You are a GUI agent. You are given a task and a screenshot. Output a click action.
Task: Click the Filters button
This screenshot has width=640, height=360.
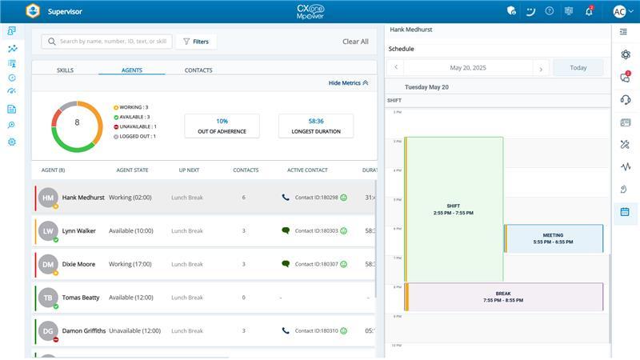pyautogui.click(x=195, y=42)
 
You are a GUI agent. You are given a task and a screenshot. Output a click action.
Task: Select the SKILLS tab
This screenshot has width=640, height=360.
pyautogui.click(x=65, y=70)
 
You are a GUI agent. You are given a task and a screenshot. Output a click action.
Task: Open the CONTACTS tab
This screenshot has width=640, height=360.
pyautogui.click(x=198, y=70)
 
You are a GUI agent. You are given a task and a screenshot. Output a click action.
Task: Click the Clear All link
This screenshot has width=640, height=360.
pyautogui.click(x=355, y=42)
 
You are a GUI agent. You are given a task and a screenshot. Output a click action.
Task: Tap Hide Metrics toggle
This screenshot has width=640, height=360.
pyautogui.click(x=349, y=82)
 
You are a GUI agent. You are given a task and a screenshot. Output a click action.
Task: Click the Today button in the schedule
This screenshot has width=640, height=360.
pyautogui.click(x=578, y=68)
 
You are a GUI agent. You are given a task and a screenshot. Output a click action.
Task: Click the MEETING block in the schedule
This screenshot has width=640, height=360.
pyautogui.click(x=554, y=238)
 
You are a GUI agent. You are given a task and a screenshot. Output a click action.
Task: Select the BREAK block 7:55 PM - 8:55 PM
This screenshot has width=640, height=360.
pyautogui.click(x=503, y=297)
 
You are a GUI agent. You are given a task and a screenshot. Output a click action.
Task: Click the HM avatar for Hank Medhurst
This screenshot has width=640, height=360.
pyautogui.click(x=48, y=197)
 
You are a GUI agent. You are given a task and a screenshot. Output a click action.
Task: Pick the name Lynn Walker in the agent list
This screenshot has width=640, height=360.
pyautogui.click(x=79, y=230)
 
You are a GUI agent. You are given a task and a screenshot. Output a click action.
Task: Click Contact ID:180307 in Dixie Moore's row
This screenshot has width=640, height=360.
pyautogui.click(x=316, y=264)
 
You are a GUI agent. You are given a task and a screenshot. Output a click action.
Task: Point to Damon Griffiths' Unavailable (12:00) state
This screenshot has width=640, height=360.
pyautogui.click(x=134, y=330)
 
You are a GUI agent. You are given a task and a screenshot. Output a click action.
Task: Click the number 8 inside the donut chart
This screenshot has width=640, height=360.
pyautogui.click(x=77, y=122)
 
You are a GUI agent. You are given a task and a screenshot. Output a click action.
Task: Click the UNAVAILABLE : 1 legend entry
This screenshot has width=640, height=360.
pyautogui.click(x=135, y=126)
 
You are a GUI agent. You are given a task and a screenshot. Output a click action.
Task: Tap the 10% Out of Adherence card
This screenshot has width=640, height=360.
pyautogui.click(x=222, y=126)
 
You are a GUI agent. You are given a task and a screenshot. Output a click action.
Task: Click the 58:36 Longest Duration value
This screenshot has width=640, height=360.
pyautogui.click(x=315, y=121)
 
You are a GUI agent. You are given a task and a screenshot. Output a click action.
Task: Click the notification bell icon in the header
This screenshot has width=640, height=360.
pyautogui.click(x=589, y=11)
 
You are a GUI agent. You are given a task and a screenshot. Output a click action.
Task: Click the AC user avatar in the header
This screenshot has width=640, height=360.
pyautogui.click(x=619, y=11)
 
